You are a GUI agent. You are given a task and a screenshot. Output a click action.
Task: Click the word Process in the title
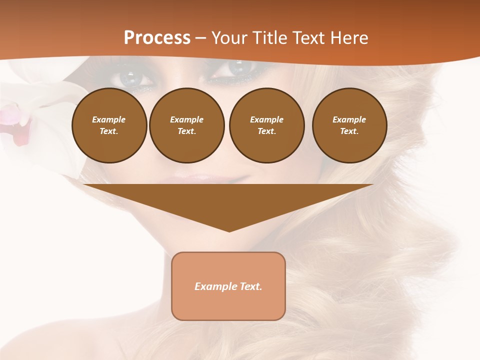click(x=157, y=38)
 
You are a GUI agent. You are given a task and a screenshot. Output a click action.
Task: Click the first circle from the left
click(x=109, y=125)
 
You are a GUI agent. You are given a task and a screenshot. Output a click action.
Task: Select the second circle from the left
click(x=186, y=125)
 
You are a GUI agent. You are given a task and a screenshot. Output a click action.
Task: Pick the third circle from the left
click(x=266, y=125)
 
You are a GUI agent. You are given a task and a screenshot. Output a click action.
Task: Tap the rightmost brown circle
click(x=349, y=125)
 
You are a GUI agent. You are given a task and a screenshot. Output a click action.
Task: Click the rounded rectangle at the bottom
click(x=228, y=286)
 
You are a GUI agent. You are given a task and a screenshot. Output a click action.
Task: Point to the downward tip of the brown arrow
click(x=229, y=230)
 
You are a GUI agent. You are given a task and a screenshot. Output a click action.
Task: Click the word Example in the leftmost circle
click(x=109, y=119)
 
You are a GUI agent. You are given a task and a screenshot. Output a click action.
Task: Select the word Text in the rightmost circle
click(x=349, y=131)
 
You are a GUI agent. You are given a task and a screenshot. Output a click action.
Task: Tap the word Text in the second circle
click(x=186, y=131)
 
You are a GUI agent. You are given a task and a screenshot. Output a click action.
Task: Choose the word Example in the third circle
click(x=266, y=119)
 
